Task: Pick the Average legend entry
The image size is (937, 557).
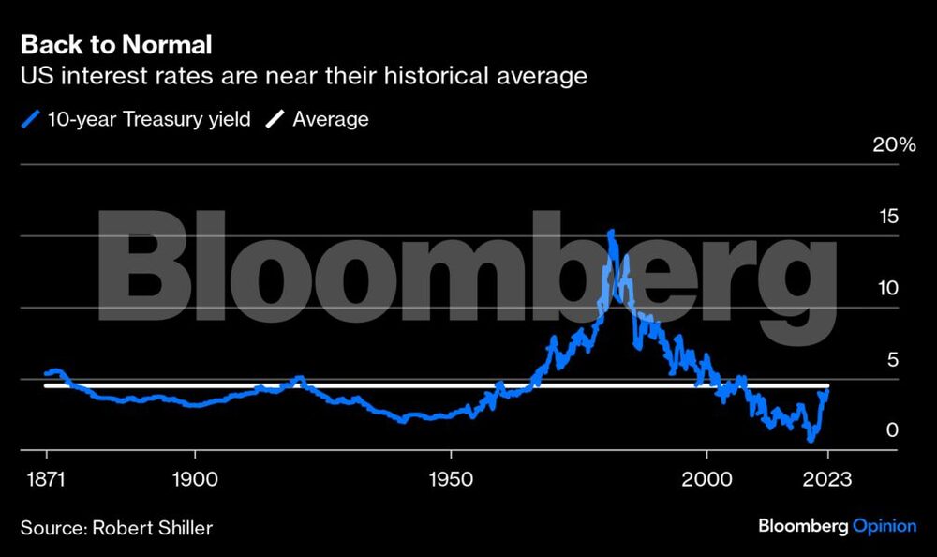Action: (x=330, y=119)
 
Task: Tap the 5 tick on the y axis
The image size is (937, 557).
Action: (x=892, y=360)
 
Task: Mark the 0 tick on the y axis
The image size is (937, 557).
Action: (x=892, y=430)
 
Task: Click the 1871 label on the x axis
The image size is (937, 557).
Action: (x=46, y=479)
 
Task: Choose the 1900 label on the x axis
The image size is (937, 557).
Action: (x=194, y=479)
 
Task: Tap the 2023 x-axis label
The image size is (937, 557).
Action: (x=828, y=479)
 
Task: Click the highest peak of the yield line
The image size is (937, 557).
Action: (x=611, y=232)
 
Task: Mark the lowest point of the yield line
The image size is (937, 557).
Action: (x=811, y=439)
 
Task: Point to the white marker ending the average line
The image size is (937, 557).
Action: (x=826, y=385)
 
